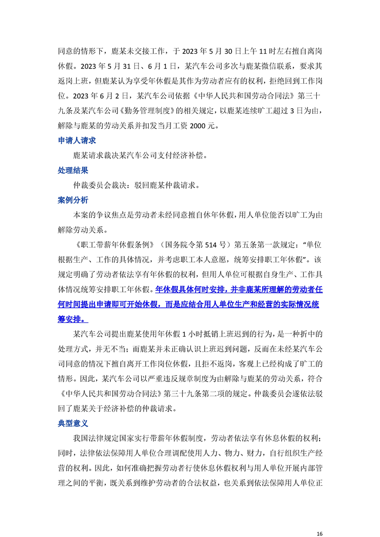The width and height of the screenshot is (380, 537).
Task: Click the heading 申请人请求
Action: [x=76, y=140]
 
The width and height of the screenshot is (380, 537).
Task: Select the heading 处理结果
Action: [x=72, y=170]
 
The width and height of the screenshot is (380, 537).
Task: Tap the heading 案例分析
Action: [x=72, y=200]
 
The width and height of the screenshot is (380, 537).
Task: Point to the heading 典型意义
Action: [x=72, y=423]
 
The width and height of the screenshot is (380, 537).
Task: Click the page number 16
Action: [x=320, y=520]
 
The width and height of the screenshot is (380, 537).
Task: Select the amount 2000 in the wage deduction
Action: [x=198, y=126]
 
